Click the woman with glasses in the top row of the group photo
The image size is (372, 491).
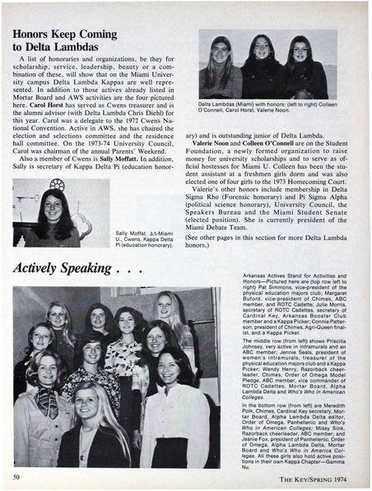pos(99,318)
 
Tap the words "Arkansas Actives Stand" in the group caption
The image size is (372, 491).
pos(268,293)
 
